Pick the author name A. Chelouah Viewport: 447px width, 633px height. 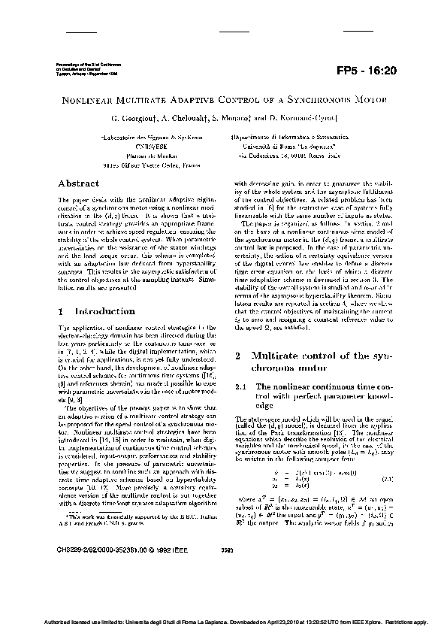click(180, 119)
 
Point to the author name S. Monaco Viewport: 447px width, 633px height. click(230, 119)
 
